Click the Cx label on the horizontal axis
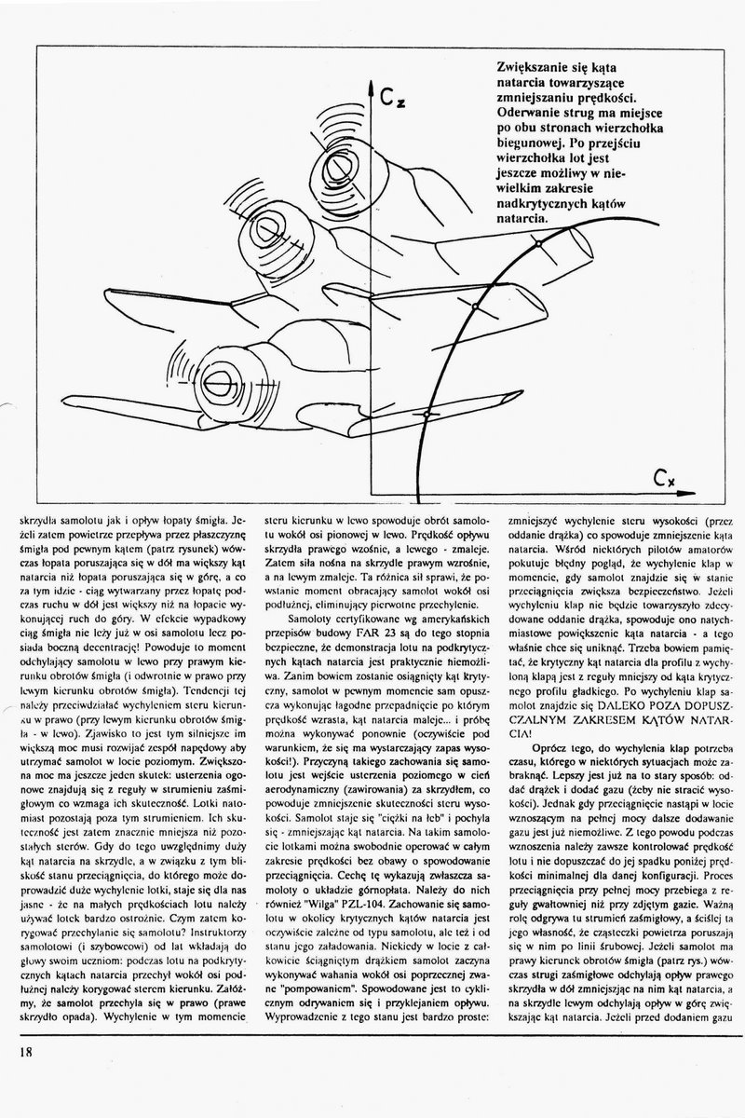[665, 480]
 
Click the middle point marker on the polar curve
[472, 306]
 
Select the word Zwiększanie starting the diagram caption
[530, 69]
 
